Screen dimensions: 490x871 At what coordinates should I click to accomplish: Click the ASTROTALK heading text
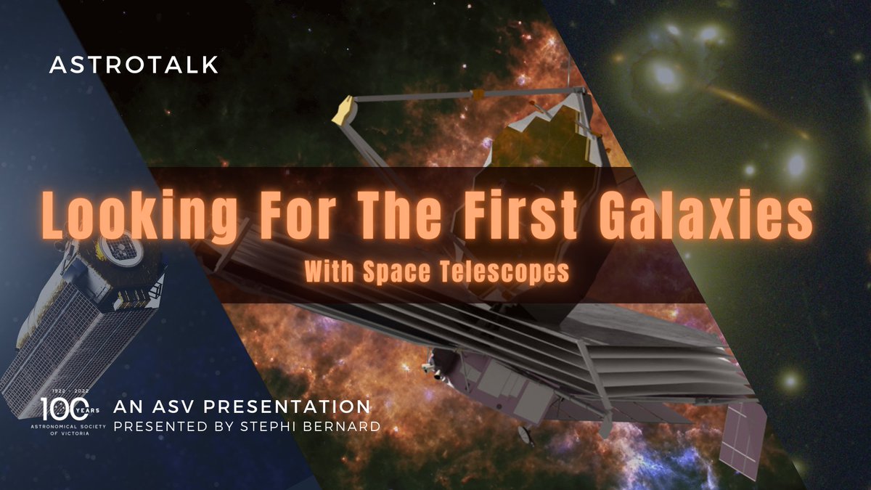[x=133, y=65]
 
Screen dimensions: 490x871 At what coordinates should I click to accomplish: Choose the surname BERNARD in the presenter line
[x=343, y=426]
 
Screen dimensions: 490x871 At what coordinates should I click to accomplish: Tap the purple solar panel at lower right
[x=742, y=432]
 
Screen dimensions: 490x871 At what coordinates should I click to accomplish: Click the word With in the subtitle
[x=330, y=272]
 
